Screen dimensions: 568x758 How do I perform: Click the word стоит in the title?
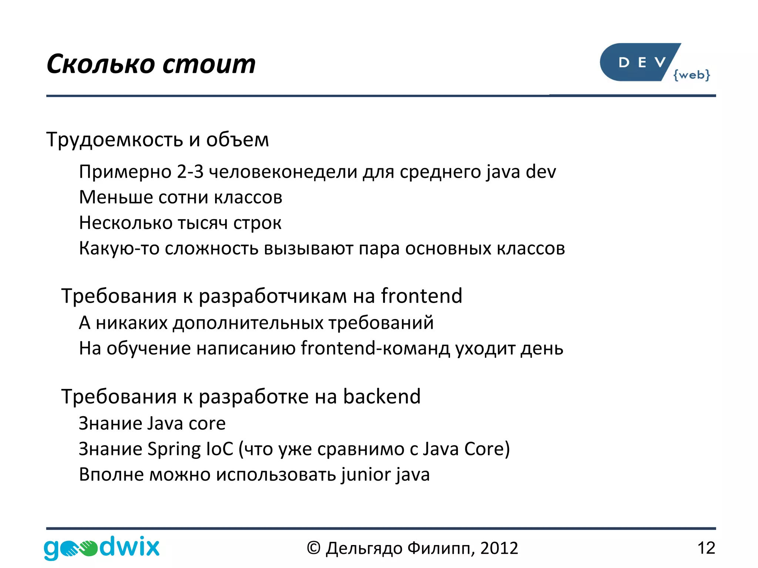209,64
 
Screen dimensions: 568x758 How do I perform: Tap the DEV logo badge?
638,62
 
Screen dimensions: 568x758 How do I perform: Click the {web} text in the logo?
691,75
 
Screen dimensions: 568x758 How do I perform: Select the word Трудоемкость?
114,140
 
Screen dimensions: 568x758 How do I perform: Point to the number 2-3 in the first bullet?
190,172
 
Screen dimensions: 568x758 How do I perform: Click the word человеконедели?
283,172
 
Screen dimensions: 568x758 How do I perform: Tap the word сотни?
183,197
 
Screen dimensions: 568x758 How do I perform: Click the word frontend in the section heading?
422,296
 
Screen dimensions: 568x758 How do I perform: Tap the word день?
542,349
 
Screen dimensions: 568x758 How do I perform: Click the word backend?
382,397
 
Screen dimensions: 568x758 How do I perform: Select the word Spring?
174,449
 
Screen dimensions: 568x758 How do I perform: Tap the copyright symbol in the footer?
313,548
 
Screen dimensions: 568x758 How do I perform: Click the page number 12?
706,548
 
